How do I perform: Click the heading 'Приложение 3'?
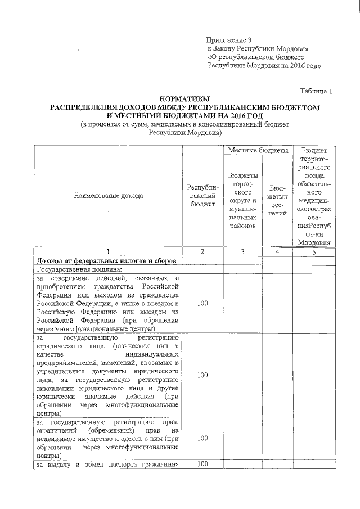click(x=230, y=40)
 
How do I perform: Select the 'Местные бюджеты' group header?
click(x=258, y=151)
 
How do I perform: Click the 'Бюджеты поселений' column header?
click(x=277, y=200)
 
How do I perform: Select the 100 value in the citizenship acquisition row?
click(x=202, y=303)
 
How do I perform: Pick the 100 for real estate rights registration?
click(x=202, y=438)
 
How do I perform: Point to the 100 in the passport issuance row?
click(x=202, y=464)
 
